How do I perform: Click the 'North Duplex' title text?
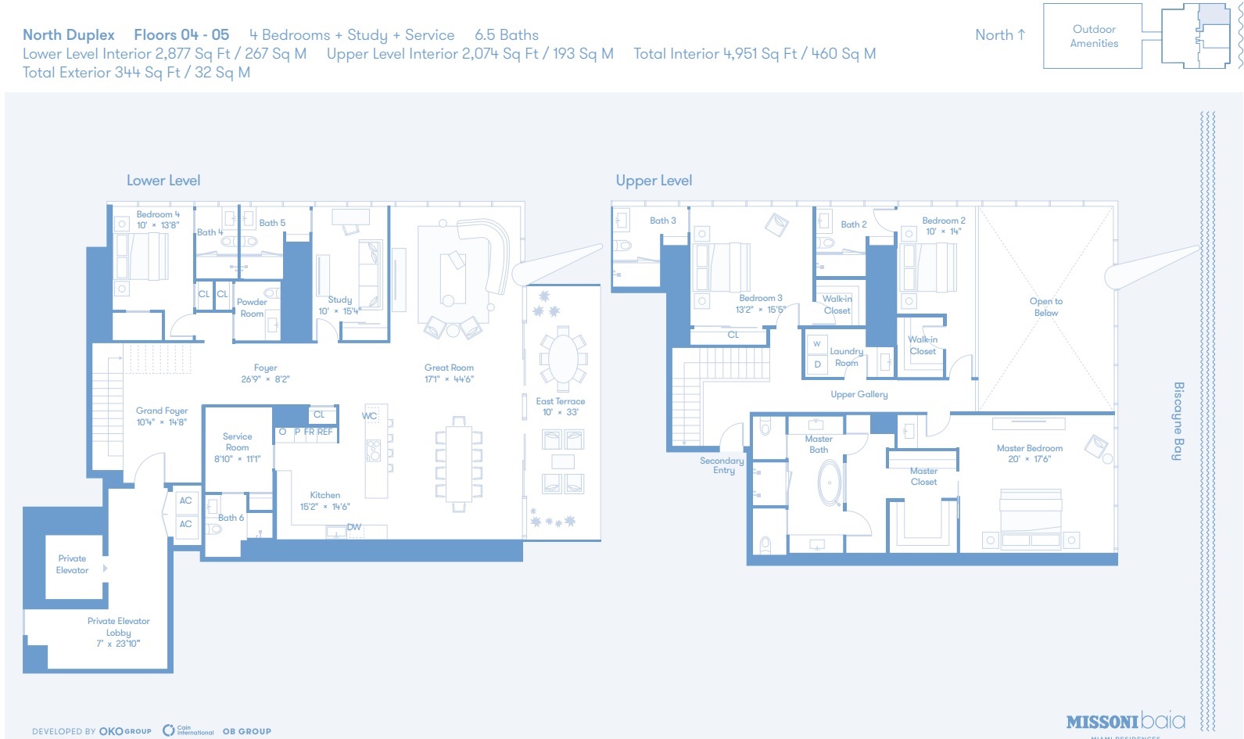69,35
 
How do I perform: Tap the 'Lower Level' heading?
163,181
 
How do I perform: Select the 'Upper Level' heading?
654,181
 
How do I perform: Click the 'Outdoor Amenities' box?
1093,36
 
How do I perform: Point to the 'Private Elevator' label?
72,565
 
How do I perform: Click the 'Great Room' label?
449,368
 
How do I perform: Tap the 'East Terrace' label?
560,401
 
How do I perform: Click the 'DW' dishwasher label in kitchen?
354,527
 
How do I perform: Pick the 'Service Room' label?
237,442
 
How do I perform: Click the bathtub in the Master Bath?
829,483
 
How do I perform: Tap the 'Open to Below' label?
1045,307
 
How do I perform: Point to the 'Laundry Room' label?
846,357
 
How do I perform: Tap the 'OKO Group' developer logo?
125,731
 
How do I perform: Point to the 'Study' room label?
339,300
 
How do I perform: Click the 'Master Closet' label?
923,476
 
